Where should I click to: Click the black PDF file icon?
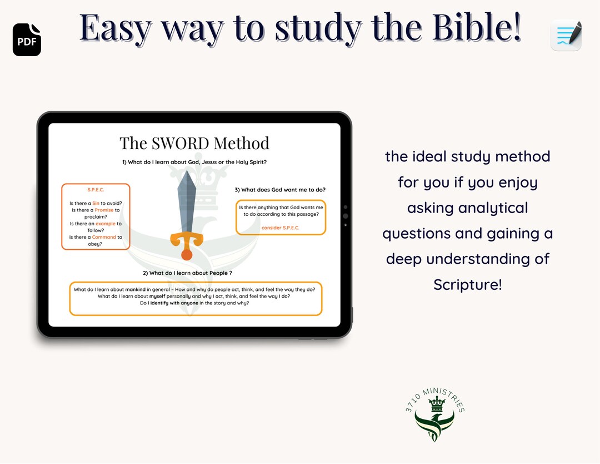tap(27, 40)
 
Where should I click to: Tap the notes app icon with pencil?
tap(566, 36)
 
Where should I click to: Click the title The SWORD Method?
tap(194, 143)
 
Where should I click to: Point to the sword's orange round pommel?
tap(187, 255)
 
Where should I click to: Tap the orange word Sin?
tap(96, 204)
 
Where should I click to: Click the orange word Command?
tap(104, 237)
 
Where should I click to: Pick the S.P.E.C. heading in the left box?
tap(96, 190)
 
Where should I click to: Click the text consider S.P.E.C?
tap(281, 228)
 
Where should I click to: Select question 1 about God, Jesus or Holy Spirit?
tap(194, 162)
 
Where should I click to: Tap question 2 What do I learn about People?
tap(187, 273)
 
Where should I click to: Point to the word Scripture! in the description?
tap(468, 284)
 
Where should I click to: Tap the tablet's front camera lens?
tap(346, 216)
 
